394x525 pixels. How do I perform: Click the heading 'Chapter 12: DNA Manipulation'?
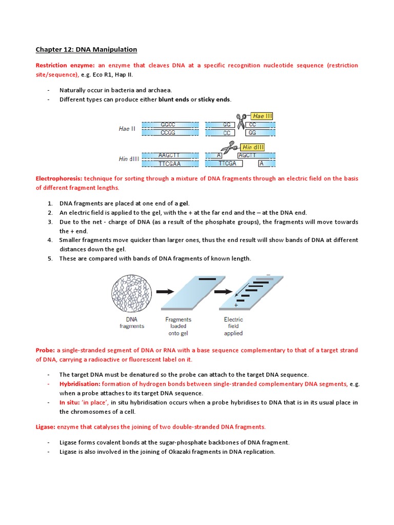[86, 50]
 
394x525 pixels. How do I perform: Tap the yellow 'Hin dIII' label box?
[261, 147]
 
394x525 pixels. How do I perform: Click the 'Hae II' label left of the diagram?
[127, 129]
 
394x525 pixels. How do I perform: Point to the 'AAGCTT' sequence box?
[169, 155]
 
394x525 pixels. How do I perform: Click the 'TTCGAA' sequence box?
[169, 164]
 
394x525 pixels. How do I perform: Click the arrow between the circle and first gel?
[165, 292]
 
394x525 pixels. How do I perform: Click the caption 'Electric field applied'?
[233, 326]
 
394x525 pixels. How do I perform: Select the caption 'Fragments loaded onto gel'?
[178, 326]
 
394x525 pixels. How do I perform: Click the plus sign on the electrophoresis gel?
[236, 305]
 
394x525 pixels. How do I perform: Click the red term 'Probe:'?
[45, 350]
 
